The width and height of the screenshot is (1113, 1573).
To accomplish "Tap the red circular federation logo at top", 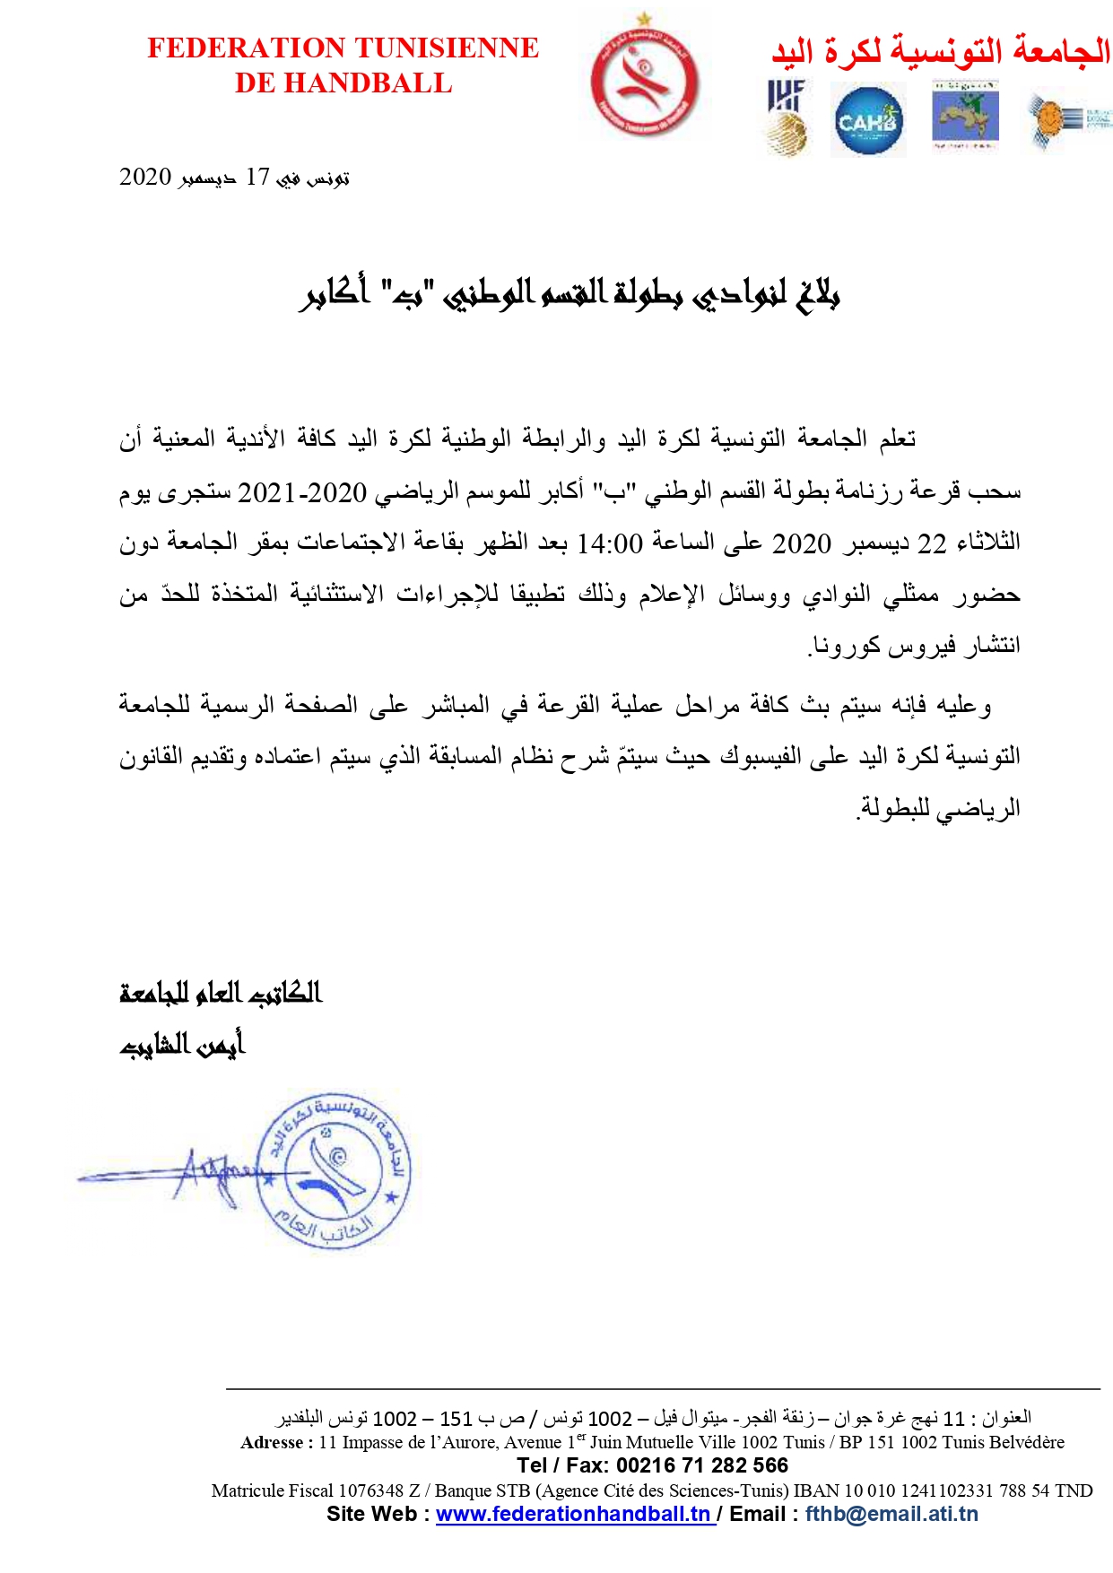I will pos(644,81).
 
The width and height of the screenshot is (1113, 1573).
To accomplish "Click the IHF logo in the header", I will pos(787,117).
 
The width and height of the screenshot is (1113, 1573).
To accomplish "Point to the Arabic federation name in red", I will pos(941,51).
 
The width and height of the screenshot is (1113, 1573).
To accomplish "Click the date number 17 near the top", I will pos(257,178).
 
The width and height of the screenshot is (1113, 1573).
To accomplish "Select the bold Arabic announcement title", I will pos(569,293).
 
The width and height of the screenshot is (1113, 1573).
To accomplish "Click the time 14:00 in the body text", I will pos(609,543).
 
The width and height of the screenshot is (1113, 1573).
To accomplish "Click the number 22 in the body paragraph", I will pos(932,543).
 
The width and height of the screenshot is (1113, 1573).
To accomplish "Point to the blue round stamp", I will pos(334,1169).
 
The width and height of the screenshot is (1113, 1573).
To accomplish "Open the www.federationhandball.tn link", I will pos(574,1514).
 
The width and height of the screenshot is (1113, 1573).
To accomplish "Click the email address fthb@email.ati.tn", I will pos(891,1514).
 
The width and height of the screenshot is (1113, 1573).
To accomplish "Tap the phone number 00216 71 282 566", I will pos(702,1465).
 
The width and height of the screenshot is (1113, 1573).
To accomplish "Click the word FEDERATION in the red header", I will pos(238,48).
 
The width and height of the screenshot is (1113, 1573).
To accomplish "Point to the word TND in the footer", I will pos(1074,1490).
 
